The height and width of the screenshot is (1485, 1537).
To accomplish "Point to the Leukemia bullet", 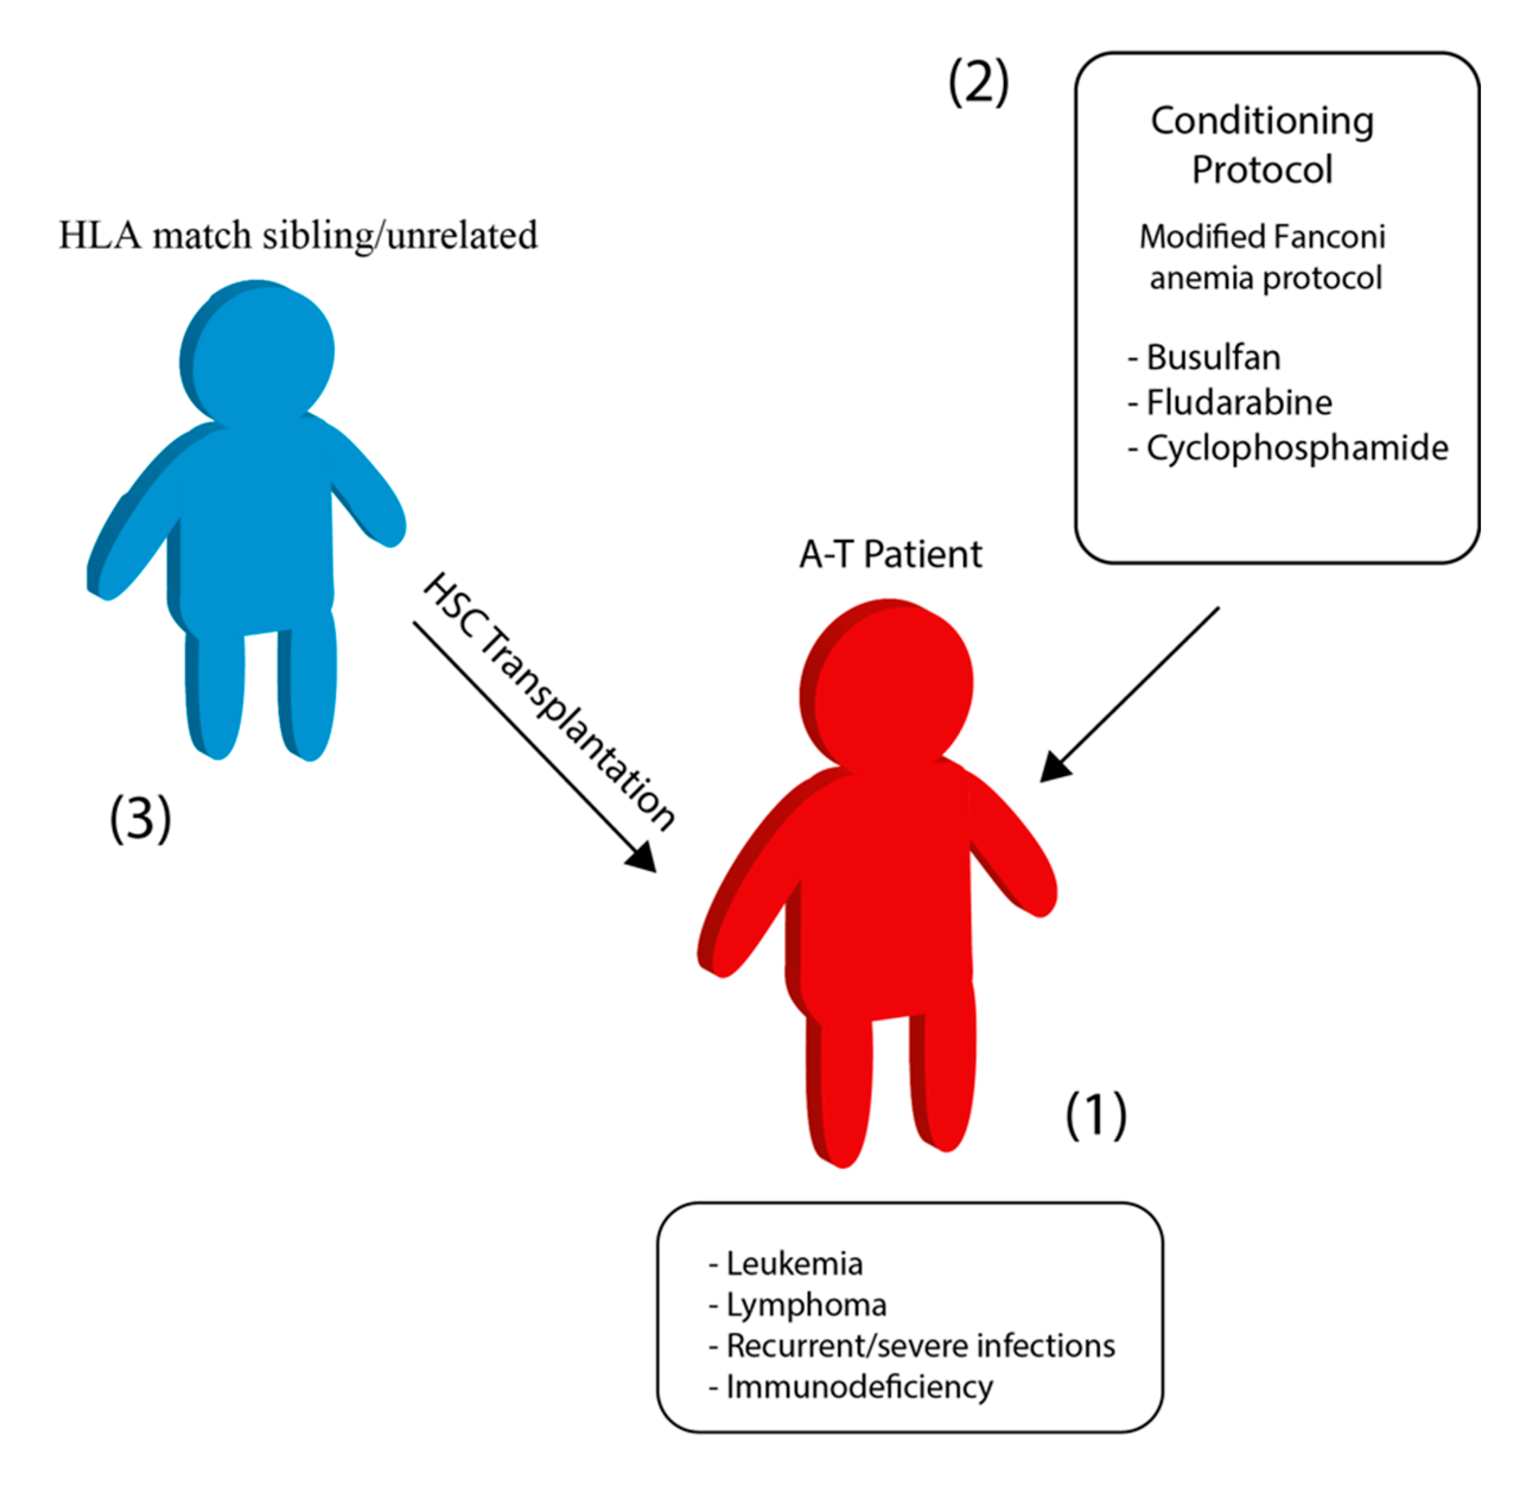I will [x=794, y=1264].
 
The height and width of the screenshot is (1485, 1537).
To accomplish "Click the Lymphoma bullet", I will [x=806, y=1305].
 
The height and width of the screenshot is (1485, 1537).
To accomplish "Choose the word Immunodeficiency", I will [x=859, y=1387].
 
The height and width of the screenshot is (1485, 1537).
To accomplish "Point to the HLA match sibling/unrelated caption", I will [x=298, y=235].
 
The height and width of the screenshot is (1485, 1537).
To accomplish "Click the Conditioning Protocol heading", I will [x=1262, y=145].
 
